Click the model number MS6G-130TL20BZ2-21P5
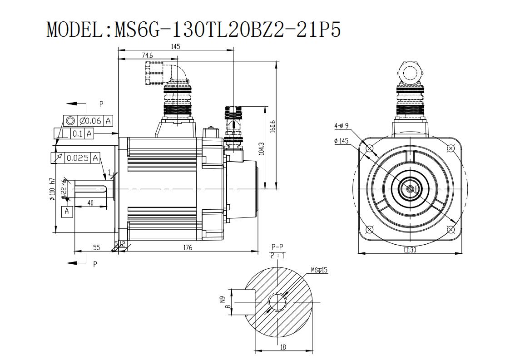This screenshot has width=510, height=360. (228, 30)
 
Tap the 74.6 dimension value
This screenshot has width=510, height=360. (147, 55)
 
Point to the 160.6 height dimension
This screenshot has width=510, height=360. (272, 126)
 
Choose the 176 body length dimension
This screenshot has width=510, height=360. (188, 247)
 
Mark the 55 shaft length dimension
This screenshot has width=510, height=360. (97, 247)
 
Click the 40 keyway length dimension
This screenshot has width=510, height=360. (90, 203)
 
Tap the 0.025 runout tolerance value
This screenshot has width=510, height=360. (77, 158)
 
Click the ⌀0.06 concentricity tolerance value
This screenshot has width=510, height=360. (90, 121)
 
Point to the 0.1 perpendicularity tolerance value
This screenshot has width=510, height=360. (77, 133)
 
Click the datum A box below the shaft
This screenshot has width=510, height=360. (67, 211)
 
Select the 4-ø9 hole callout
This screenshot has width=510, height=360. (341, 126)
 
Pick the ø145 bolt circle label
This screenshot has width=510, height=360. (341, 141)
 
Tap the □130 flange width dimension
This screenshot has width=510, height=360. (410, 250)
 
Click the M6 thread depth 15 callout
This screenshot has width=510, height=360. (319, 270)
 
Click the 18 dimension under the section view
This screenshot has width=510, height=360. (282, 347)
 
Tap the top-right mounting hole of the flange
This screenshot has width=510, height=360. (451, 148)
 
